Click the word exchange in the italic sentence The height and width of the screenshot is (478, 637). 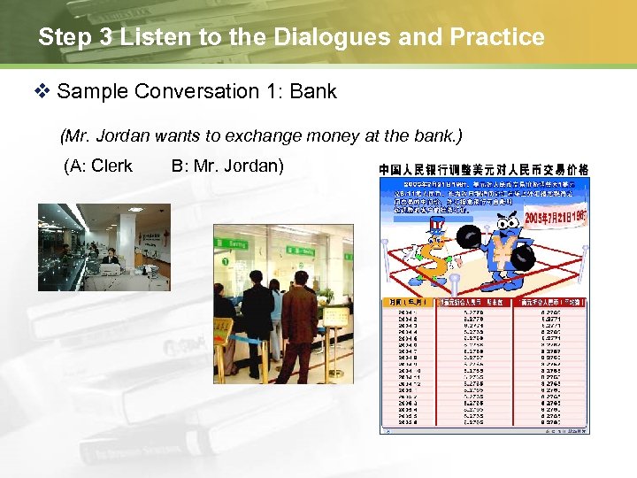pos(253,135)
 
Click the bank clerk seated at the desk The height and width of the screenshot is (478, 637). pos(110,258)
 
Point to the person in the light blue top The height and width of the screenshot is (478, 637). pos(275,310)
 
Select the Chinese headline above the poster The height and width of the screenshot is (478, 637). pos(484,169)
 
